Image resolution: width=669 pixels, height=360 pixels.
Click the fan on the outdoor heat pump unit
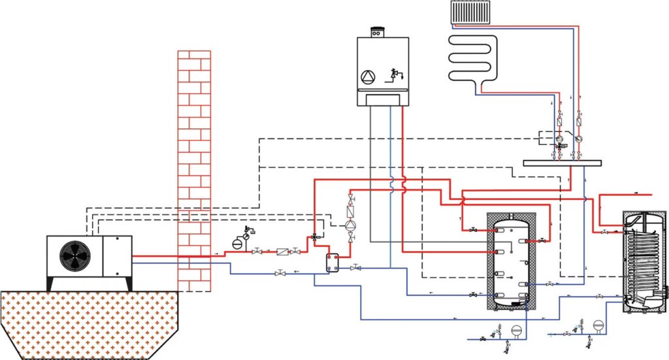pyautogui.click(x=74, y=255)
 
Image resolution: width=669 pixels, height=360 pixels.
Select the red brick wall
pyautogui.click(x=195, y=170)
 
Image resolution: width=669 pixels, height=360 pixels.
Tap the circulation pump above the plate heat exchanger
pyautogui.click(x=351, y=225)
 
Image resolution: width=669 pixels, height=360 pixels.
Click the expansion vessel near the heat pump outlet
pyautogui.click(x=237, y=243)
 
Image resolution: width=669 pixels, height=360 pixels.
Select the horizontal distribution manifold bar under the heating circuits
pyautogui.click(x=561, y=163)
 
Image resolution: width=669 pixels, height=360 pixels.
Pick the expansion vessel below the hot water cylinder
pyautogui.click(x=598, y=324)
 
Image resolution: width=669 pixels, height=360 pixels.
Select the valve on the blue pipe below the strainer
pyautogui.click(x=281, y=272)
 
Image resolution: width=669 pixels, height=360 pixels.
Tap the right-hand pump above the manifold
pyautogui.click(x=579, y=139)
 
